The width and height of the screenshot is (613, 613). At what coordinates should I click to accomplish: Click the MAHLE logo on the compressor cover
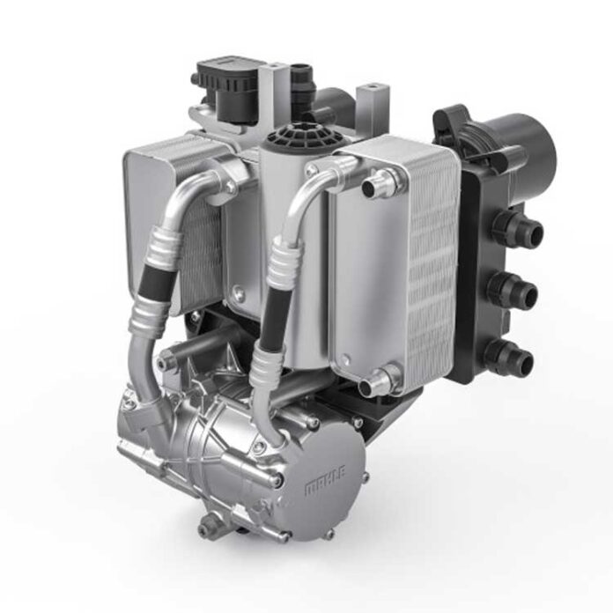pos(325,481)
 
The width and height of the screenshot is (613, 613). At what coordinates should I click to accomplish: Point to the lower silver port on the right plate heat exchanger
pos(378,381)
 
